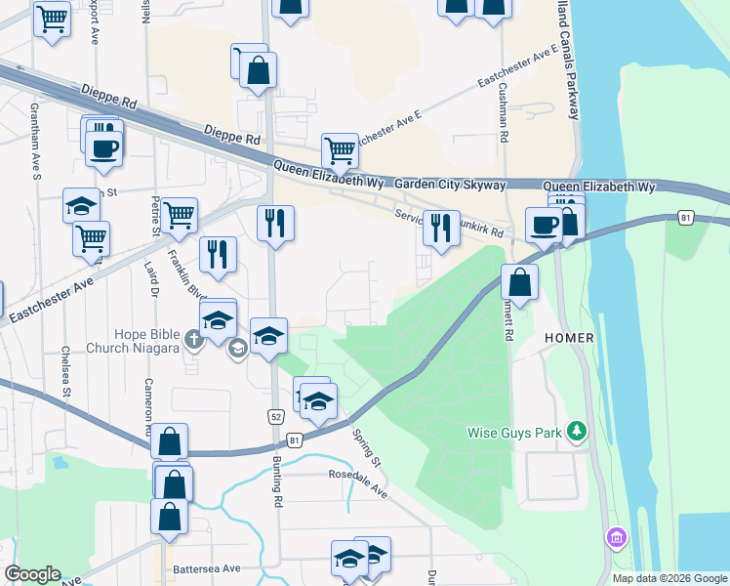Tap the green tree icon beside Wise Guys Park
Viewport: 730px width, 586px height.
point(578,431)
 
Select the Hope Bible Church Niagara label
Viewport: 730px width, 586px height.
point(134,341)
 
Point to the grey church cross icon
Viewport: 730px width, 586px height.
point(193,340)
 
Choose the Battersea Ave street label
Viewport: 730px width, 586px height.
point(206,568)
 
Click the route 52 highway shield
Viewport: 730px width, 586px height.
point(276,417)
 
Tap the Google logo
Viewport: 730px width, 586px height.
point(33,574)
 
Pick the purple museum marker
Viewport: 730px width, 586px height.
point(616,537)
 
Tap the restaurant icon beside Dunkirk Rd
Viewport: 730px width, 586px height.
point(441,229)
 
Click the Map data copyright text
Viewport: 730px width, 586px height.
point(669,578)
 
